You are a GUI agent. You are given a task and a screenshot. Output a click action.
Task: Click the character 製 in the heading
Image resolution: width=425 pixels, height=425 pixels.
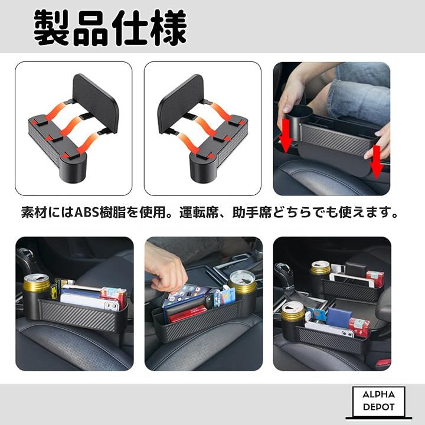point(51,28)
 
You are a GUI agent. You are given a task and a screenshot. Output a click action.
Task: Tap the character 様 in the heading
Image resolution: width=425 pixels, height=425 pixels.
point(169,28)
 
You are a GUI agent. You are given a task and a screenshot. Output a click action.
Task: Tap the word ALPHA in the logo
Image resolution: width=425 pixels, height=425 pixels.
point(378,395)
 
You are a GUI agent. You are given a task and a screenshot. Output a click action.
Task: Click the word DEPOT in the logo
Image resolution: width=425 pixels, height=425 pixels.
point(378,407)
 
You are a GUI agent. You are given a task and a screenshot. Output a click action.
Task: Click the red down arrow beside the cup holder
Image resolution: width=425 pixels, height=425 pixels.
point(286,136)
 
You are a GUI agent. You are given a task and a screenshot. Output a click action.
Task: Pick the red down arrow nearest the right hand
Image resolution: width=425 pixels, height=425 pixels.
point(377,162)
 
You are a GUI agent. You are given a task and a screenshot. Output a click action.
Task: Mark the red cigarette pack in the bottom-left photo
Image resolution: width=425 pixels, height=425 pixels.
point(114,297)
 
